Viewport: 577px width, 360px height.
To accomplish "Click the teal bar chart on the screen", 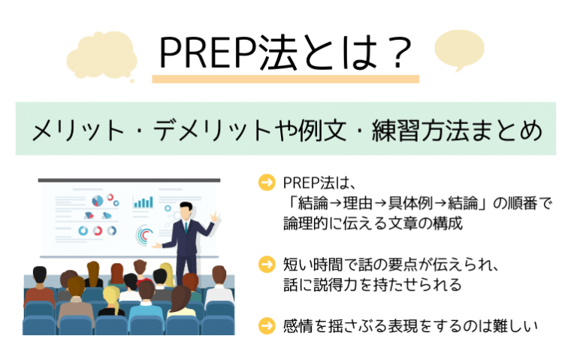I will click(x=143, y=201).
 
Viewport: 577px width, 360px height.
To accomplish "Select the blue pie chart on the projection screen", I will click(x=97, y=201).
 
